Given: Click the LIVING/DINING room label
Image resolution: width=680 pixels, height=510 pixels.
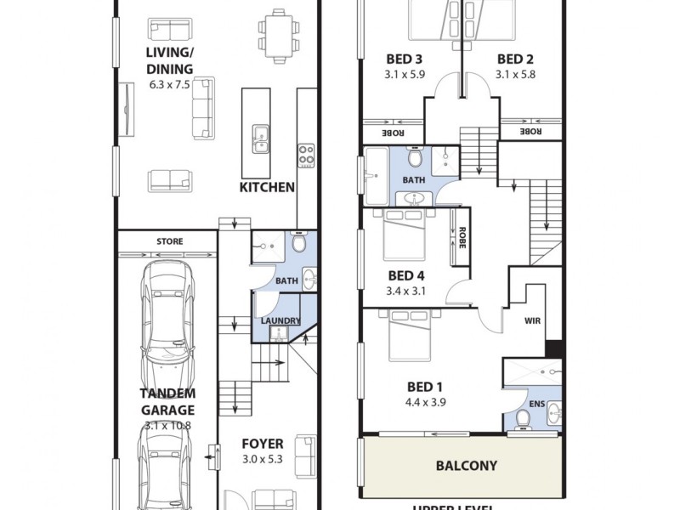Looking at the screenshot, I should click(169, 61).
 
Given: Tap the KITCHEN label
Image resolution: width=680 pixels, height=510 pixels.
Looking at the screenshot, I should click(266, 187).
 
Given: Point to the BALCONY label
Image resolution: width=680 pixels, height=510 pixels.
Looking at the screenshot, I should click(466, 466).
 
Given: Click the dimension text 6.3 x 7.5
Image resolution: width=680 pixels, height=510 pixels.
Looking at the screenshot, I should click(169, 85).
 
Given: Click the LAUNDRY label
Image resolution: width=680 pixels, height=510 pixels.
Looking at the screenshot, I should click(280, 320).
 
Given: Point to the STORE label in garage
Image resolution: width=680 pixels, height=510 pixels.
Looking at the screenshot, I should click(169, 241).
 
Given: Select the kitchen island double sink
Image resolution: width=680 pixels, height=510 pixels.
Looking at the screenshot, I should click(261, 138).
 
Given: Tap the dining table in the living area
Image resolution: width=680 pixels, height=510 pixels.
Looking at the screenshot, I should click(278, 31).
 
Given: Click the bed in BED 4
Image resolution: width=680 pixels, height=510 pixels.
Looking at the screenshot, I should click(406, 234).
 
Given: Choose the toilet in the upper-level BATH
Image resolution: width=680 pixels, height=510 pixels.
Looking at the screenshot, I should click(414, 157).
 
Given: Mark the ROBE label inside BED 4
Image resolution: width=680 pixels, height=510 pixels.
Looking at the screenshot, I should click(461, 233).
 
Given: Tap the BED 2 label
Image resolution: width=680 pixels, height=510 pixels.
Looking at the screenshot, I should click(515, 59).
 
